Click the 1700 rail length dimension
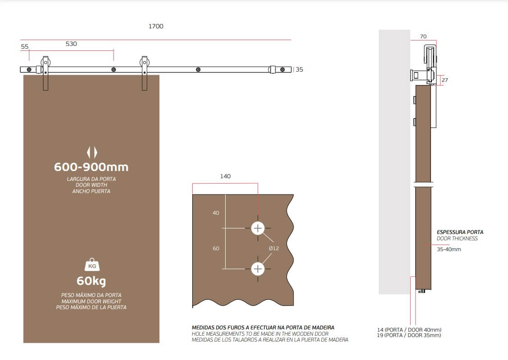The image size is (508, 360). point(156,26)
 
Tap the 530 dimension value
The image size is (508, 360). point(71,44)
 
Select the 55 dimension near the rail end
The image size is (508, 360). point(25,46)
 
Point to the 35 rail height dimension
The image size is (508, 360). point(299,69)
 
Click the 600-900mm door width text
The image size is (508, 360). point(91,167)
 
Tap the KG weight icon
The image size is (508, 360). point(92,265)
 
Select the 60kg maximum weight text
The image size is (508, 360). point(91,281)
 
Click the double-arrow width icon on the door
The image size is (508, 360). point(92,152)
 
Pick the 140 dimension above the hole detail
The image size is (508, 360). point(226,176)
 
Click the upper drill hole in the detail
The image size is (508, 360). point(258,228)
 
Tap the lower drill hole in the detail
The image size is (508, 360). point(258,269)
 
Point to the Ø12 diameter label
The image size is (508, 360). point(274,248)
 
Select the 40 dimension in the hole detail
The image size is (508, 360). point(216,213)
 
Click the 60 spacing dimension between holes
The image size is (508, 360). point(216,248)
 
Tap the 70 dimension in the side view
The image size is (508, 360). point(423,36)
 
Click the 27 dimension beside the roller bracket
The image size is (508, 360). point(445,80)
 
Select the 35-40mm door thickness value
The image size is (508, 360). point(449,249)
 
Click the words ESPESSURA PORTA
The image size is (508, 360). point(460,232)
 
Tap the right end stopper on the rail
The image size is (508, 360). point(272,69)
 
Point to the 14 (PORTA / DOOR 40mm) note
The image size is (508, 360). point(409,329)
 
